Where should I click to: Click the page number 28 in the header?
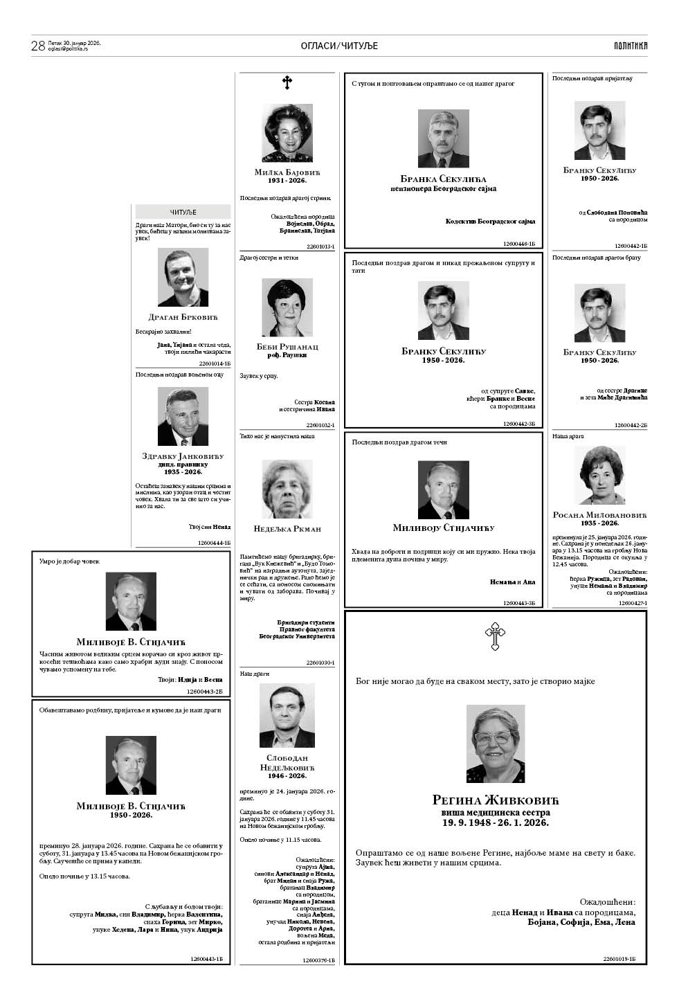[38, 46]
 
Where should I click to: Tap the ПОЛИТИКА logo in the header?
[630, 46]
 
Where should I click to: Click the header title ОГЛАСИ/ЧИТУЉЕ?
[339, 46]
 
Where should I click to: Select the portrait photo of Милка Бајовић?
[287, 132]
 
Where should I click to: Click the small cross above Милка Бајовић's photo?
[287, 84]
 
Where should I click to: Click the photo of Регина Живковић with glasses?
[495, 743]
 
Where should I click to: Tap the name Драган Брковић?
[183, 317]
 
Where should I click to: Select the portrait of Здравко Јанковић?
[183, 416]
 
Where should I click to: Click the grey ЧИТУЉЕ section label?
[183, 212]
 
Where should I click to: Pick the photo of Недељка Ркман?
[287, 489]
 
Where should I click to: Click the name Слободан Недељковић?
[287, 763]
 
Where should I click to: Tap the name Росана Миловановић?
[599, 514]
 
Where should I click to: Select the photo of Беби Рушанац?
[287, 307]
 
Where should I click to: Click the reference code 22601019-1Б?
[619, 959]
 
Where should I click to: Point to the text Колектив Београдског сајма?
[490, 221]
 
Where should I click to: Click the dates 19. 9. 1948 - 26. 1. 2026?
[495, 822]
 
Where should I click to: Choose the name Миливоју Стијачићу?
[444, 528]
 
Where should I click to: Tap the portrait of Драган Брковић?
[183, 277]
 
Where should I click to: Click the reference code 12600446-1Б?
[519, 244]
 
